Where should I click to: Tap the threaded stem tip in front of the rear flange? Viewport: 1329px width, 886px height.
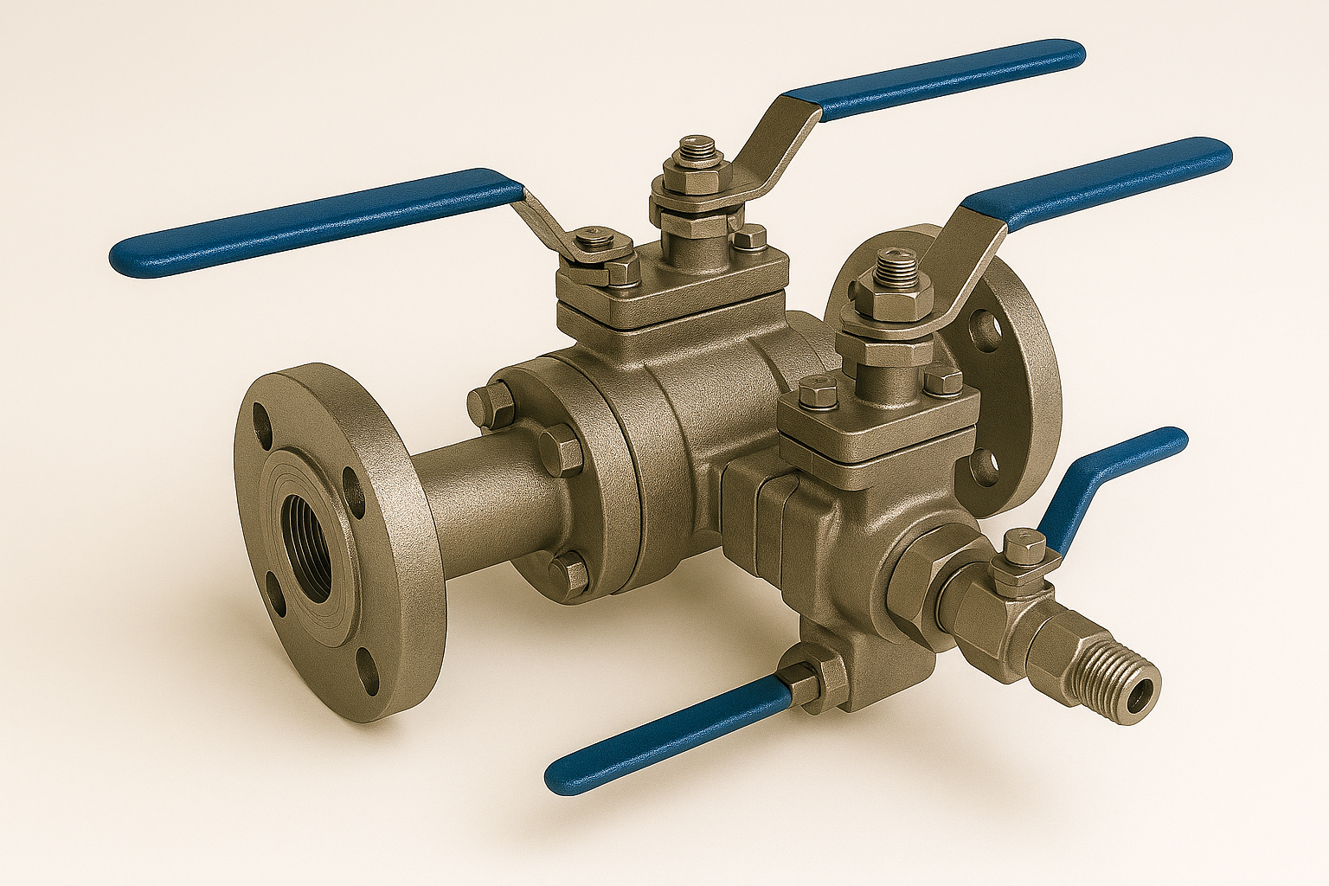[891, 264]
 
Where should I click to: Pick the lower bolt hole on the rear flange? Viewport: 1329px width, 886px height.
[985, 468]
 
